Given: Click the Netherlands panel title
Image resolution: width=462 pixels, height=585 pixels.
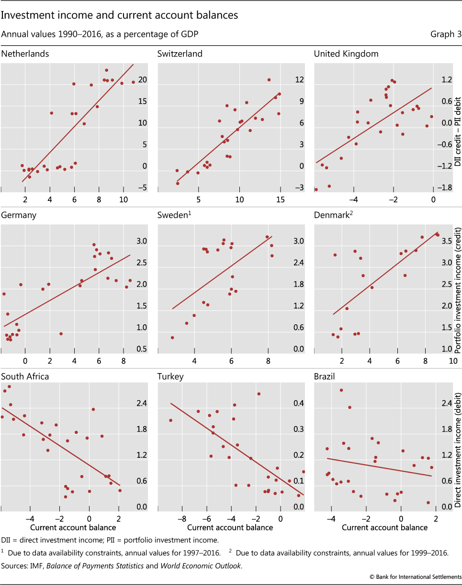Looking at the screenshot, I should coord(25,54).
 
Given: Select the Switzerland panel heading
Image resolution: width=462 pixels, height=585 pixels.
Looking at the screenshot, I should coord(180,54).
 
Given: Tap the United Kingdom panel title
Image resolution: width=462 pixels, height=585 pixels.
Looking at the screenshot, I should coord(346,54).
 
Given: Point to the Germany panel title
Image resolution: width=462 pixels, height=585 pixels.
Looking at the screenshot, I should coord(19,215).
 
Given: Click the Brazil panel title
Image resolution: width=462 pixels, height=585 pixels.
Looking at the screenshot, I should coord(324,376).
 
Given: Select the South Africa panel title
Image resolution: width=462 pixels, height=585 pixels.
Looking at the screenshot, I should coord(25,376).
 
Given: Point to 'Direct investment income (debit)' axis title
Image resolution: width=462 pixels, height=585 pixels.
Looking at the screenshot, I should coord(457,450).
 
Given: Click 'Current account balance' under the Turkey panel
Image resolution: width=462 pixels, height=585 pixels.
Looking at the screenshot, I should coord(230,528).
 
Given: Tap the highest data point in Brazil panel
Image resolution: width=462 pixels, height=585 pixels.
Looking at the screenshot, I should coord(341,390).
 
